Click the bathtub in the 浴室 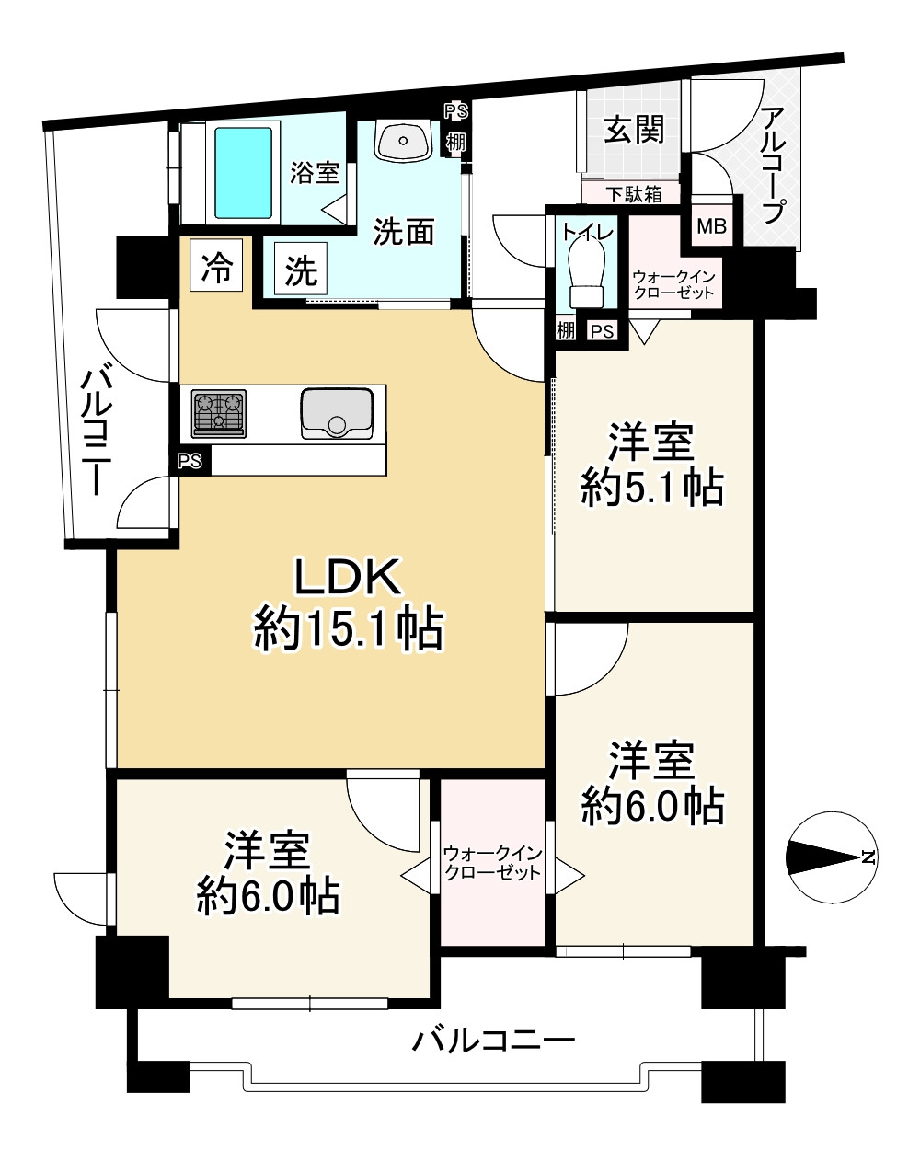[243, 173]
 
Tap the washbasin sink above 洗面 [403, 139]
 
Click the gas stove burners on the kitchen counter [218, 413]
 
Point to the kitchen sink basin [337, 413]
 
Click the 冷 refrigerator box [216, 265]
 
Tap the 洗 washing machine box [301, 269]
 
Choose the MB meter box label [711, 226]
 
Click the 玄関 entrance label [634, 130]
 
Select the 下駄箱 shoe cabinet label [634, 194]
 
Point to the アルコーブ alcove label [774, 166]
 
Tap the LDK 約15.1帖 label [348, 604]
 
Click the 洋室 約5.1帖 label [652, 464]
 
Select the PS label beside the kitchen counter [190, 460]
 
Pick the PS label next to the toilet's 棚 [602, 331]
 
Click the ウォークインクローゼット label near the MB [673, 284]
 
